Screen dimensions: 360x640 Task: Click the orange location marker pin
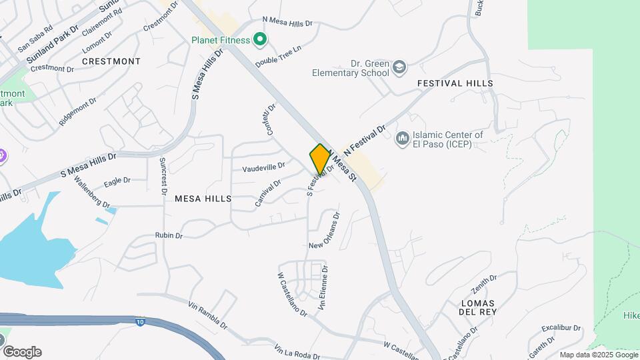[x=320, y=159]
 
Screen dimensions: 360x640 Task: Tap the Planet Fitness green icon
[x=260, y=41]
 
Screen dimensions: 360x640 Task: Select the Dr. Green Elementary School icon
[x=399, y=67]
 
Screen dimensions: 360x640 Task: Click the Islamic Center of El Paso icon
[x=402, y=139]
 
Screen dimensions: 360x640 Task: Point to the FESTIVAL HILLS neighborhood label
[x=455, y=83]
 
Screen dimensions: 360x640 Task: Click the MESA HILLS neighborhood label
[x=203, y=199]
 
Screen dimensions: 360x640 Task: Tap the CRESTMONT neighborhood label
[x=111, y=61]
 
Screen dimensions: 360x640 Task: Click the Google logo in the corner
[x=22, y=351]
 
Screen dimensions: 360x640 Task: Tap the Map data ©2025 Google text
[x=599, y=355]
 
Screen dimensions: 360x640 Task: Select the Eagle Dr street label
[x=117, y=181]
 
